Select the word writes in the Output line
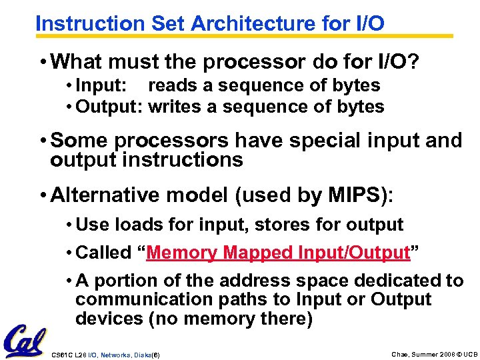click(x=175, y=107)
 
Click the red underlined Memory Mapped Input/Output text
click(x=277, y=253)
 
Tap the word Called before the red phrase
click(x=104, y=253)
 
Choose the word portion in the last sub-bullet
click(x=125, y=281)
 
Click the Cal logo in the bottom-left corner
click(x=25, y=341)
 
